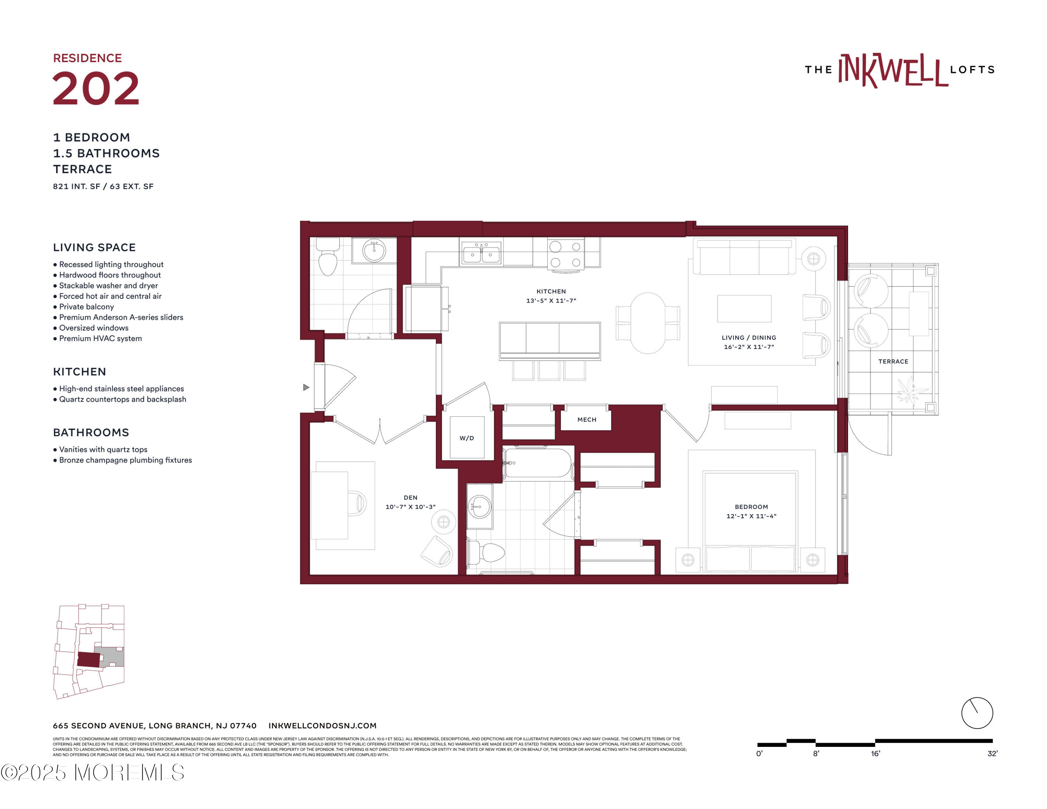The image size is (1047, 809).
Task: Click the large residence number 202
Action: tap(96, 89)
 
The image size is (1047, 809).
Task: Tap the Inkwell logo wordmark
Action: tap(893, 71)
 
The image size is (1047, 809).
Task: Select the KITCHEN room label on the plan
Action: tap(551, 291)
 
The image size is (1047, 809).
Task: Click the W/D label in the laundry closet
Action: tap(467, 438)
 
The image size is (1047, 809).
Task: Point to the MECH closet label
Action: tap(587, 420)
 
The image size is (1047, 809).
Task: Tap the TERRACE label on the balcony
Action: tap(893, 361)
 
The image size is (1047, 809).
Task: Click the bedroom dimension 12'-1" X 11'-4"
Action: tap(751, 516)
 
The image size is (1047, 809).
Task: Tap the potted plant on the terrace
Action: tap(911, 391)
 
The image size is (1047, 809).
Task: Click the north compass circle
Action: tap(977, 713)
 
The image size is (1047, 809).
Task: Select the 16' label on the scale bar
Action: tap(875, 754)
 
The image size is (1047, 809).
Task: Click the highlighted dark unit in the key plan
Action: tap(88, 660)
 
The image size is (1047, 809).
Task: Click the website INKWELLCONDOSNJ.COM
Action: tap(322, 726)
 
